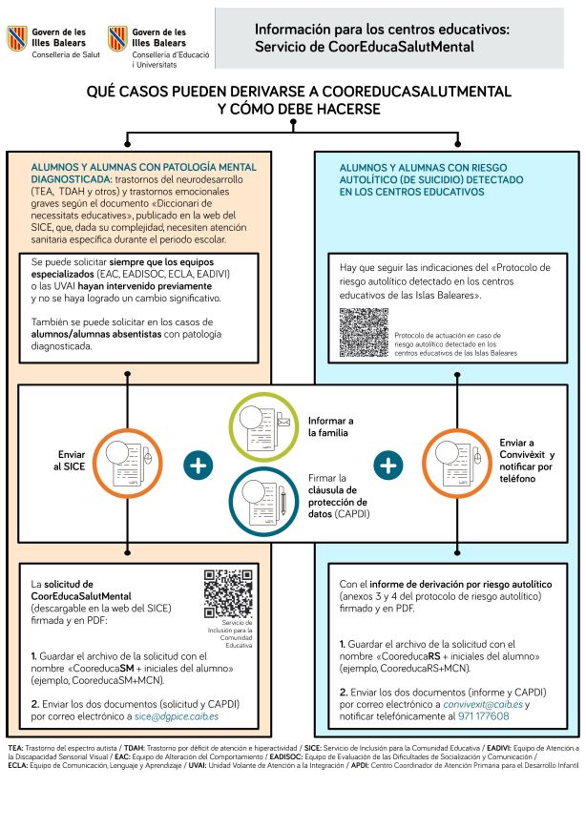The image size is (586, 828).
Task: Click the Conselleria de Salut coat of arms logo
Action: pos(17,39)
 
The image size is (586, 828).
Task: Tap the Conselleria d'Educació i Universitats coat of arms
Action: pos(117,40)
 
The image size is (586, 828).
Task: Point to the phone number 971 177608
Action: pos(482,715)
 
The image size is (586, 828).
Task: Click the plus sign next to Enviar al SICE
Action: pos(198,466)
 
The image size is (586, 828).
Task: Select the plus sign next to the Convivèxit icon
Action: pos(387,466)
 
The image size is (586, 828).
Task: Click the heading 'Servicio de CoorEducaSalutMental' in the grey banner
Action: pos(364,46)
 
